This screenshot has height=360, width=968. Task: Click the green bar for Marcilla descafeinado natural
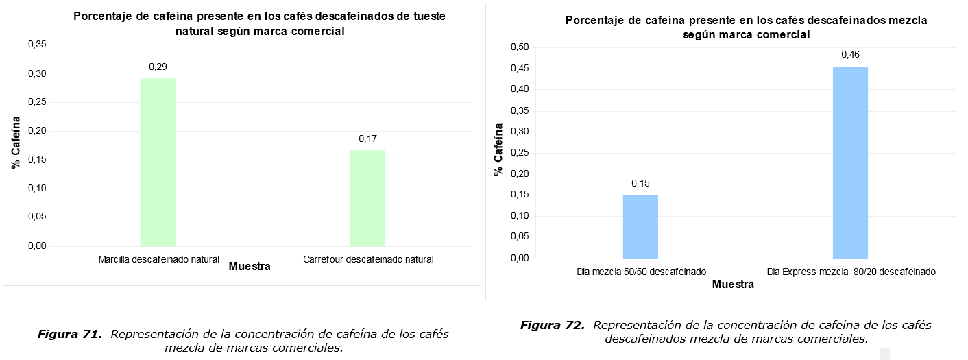coord(158,162)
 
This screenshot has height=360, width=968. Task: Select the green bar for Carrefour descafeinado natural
coord(367,198)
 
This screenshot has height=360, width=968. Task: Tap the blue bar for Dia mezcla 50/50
coord(640,226)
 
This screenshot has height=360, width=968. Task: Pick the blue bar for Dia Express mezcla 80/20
coord(850,162)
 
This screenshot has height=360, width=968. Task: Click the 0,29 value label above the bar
coord(158,67)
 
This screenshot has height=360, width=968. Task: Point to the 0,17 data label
coord(368,139)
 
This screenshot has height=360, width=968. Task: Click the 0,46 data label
coord(850,55)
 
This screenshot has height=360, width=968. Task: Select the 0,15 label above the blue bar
coord(640,183)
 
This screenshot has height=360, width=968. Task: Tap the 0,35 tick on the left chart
coord(37,45)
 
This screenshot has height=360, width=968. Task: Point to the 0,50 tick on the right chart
coord(520,47)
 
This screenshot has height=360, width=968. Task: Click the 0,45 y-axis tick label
coord(520,68)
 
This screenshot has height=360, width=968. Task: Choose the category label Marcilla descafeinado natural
coord(158,259)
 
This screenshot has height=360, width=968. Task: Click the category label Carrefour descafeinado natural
coord(368,259)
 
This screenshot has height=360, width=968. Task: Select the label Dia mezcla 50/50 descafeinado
coord(641,272)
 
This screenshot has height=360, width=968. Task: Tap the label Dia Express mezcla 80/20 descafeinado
coord(851,272)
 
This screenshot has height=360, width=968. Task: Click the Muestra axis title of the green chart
coord(250,267)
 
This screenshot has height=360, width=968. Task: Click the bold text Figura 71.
coord(70,335)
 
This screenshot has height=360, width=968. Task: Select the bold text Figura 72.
coord(552,325)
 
